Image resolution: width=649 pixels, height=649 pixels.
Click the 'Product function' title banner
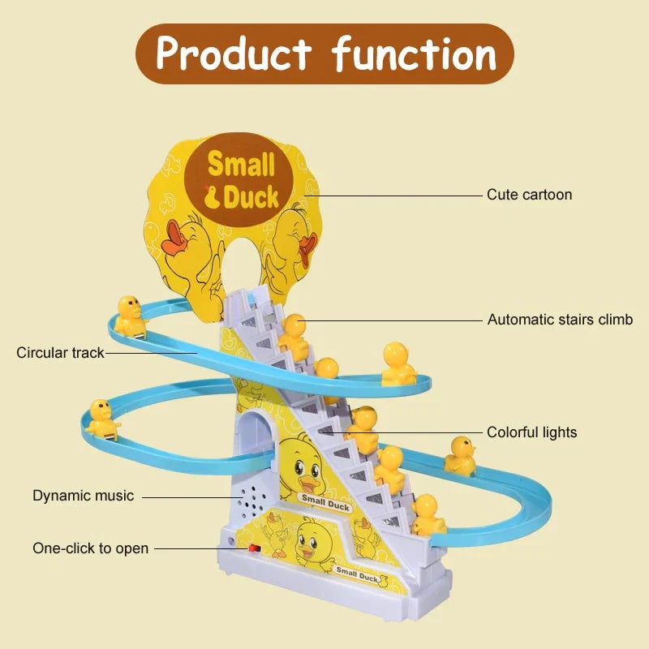(x=324, y=54)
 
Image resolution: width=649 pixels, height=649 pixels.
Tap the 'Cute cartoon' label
(x=529, y=195)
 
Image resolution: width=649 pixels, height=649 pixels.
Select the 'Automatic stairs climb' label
(x=560, y=320)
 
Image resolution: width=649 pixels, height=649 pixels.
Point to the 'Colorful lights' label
(x=531, y=432)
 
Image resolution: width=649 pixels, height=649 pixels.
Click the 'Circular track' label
(x=60, y=353)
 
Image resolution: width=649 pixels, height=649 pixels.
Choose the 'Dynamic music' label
(x=83, y=495)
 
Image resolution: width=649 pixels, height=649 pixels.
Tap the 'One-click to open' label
(x=90, y=548)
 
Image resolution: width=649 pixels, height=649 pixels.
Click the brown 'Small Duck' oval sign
(x=241, y=179)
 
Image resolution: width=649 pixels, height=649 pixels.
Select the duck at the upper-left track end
(x=130, y=315)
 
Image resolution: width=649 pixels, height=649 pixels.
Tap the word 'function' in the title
(x=414, y=54)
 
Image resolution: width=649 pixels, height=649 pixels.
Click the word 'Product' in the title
(x=234, y=54)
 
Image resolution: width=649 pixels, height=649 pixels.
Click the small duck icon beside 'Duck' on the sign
(x=213, y=196)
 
